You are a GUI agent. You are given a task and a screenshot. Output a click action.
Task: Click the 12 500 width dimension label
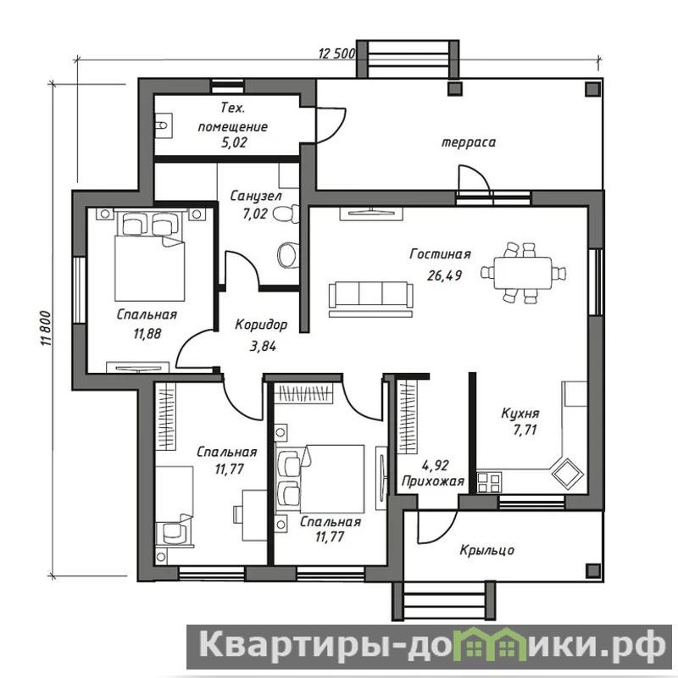pos(336,53)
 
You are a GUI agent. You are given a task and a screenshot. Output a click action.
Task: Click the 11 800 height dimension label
pos(47,328)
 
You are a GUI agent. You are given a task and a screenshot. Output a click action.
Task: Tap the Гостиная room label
pos(440,253)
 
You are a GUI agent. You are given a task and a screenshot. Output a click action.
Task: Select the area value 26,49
pos(444,275)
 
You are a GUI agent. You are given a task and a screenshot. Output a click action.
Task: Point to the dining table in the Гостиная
pos(523,273)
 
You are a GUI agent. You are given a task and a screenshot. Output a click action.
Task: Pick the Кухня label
pos(520,414)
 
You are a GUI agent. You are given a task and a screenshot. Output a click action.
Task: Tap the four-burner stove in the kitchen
pos(490,482)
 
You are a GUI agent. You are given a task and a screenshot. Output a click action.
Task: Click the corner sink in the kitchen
pos(567,474)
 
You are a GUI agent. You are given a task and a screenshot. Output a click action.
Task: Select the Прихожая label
pos(433,481)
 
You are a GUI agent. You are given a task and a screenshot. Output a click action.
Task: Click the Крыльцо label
pos(486,550)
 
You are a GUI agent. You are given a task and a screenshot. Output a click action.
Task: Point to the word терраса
pos(469,142)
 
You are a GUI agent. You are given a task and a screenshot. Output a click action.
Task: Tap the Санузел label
pos(256,197)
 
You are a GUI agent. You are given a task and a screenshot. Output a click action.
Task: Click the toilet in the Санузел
pos(285,214)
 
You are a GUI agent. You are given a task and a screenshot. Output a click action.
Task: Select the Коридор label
pos(261,325)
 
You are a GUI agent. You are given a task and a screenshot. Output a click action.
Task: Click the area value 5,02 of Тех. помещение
pos(234,142)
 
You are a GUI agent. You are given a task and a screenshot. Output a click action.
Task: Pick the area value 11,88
pos(147,333)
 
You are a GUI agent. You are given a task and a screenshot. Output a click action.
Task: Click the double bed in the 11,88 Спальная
pos(150,255)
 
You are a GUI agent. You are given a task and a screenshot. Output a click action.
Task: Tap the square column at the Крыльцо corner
pos(592,570)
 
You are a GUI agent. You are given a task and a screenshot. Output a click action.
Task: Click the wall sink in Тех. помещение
pos(164,125)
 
